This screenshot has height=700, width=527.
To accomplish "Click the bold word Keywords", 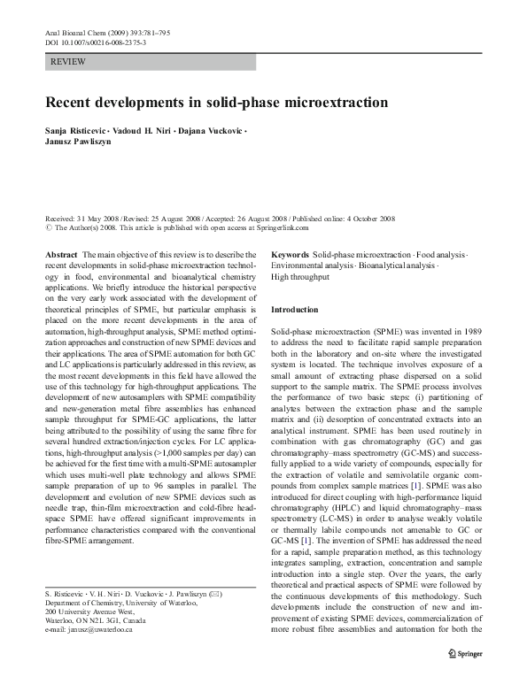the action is (x=290, y=254).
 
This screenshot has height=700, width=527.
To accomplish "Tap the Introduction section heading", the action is (x=294, y=310).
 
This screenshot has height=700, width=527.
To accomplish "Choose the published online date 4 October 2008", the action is (x=363, y=217).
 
